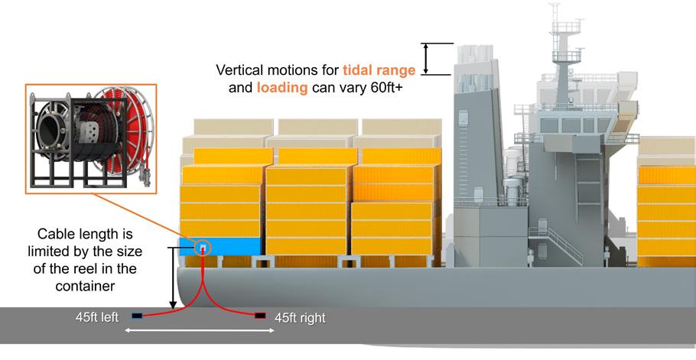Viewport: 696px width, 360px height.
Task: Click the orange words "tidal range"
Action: pyautogui.click(x=379, y=70)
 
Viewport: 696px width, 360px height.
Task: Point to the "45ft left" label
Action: pyautogui.click(x=97, y=317)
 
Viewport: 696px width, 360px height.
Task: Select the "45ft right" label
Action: pyautogui.click(x=300, y=317)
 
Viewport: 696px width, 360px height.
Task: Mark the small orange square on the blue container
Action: pyautogui.click(x=203, y=248)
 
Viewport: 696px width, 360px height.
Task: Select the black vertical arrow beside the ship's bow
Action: pyautogui.click(x=172, y=278)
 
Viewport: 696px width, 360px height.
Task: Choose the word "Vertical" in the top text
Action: pyautogui.click(x=242, y=70)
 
